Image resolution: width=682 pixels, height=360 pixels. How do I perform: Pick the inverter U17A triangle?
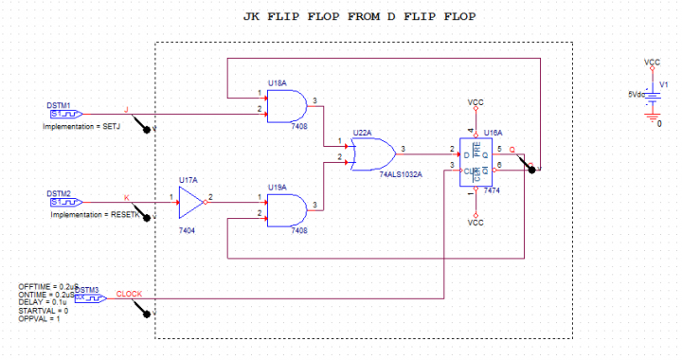click(193, 201)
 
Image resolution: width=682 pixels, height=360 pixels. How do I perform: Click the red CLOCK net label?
click(129, 294)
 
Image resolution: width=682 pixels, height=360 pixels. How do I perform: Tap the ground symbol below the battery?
click(652, 118)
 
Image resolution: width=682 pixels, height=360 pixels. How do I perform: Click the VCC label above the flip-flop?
click(476, 101)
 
